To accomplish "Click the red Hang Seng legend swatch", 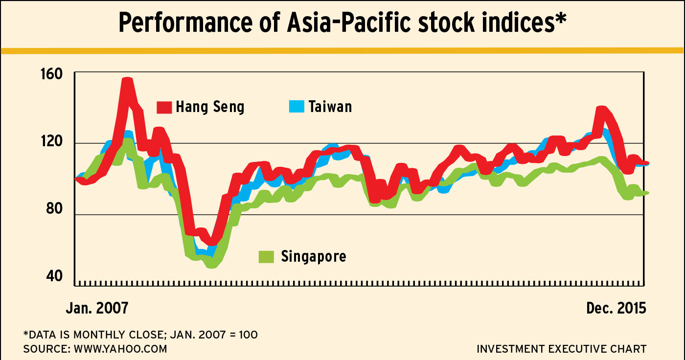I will click(x=164, y=107).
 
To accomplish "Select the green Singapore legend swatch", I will click(x=267, y=256).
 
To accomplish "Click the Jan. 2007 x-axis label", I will click(x=97, y=308).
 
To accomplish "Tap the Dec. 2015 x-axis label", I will click(x=616, y=308).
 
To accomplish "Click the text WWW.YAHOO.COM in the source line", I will click(x=120, y=349).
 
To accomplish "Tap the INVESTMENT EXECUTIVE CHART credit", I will click(x=561, y=349).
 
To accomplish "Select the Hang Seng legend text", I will click(x=210, y=107).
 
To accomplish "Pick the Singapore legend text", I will click(x=314, y=256).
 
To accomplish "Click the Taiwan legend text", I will click(x=330, y=106).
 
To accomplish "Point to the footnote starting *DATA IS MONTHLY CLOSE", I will click(x=140, y=335).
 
